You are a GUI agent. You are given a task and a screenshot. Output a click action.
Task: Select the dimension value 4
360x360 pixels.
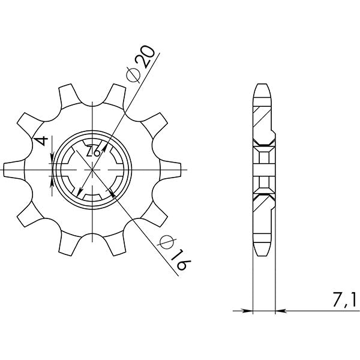click(41, 142)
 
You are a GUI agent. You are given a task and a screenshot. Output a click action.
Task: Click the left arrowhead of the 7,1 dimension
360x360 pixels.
click(248, 311)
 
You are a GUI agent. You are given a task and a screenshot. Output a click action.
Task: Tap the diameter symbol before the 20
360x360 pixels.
click(133, 75)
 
